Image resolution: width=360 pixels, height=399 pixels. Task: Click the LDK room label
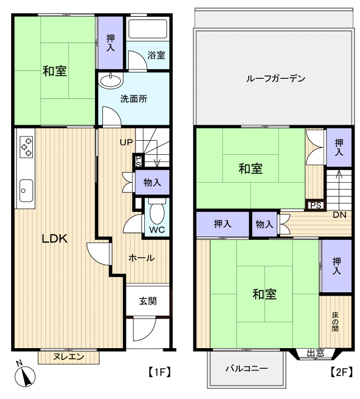(55, 239)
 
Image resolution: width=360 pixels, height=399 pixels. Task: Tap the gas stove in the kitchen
(26, 146)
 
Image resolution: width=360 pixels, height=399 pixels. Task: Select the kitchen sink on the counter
(26, 190)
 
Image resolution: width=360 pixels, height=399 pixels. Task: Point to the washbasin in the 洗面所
(112, 81)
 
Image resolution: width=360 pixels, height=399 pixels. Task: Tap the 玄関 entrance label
(148, 301)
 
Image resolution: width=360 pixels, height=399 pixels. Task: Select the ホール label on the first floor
(141, 258)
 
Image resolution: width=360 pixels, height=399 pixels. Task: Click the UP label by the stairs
(126, 142)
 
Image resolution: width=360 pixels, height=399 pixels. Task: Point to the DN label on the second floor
(339, 215)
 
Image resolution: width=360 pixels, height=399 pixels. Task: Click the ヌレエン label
(69, 356)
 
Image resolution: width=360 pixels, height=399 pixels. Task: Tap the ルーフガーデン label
(276, 79)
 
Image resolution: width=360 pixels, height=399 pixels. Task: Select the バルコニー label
(247, 369)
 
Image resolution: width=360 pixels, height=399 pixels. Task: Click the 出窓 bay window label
(315, 353)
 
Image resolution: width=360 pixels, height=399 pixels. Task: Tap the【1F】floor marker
(159, 371)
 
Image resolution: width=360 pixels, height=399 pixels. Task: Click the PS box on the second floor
(315, 205)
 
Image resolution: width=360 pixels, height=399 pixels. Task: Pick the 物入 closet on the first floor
(152, 182)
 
